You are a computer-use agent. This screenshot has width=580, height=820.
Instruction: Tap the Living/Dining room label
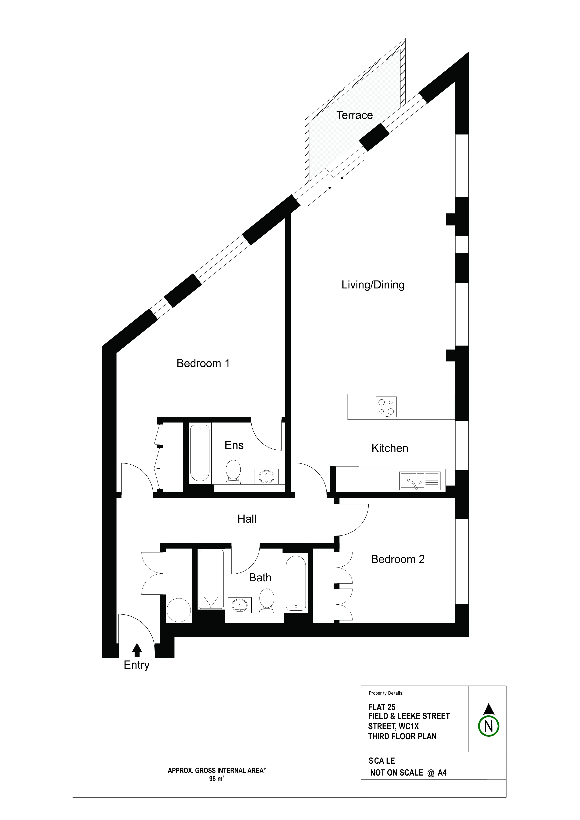click(x=373, y=285)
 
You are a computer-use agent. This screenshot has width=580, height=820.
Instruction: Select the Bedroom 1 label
click(x=203, y=363)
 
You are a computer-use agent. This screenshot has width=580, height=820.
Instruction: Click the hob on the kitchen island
click(x=386, y=407)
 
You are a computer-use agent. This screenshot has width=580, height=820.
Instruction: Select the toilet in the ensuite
click(x=233, y=472)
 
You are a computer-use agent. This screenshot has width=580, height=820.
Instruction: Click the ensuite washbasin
click(x=266, y=476)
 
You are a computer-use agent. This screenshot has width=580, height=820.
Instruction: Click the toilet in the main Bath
click(x=267, y=601)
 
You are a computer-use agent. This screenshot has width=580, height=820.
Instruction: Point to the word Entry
click(x=136, y=665)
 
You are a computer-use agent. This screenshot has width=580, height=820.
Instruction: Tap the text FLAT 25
click(x=382, y=707)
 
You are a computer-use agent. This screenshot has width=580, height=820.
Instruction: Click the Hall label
click(x=247, y=519)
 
